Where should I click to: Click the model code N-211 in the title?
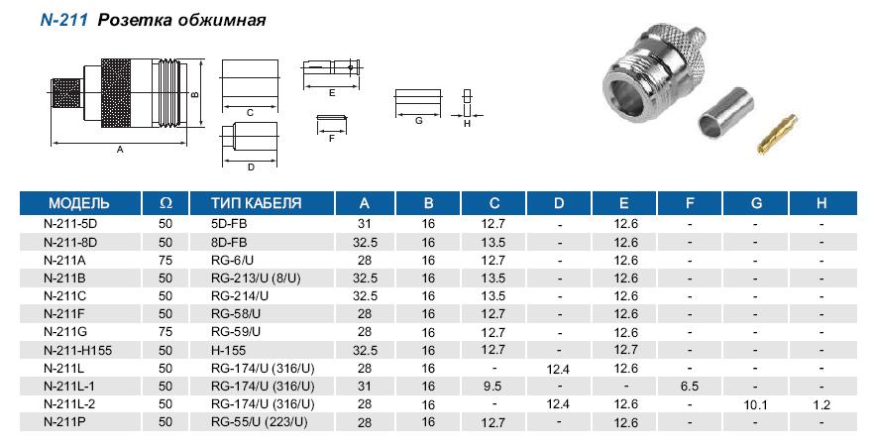(x=64, y=20)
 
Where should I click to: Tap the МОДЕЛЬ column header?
(x=79, y=203)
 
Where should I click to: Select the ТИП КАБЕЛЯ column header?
(x=256, y=203)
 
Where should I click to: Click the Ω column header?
(x=165, y=203)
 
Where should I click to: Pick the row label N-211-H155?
(x=77, y=351)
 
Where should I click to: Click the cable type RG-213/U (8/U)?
(x=256, y=278)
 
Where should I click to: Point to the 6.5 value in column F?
(x=690, y=387)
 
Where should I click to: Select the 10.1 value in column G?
(x=755, y=405)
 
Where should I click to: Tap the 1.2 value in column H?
(x=821, y=405)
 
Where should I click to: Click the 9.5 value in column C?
(x=493, y=387)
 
